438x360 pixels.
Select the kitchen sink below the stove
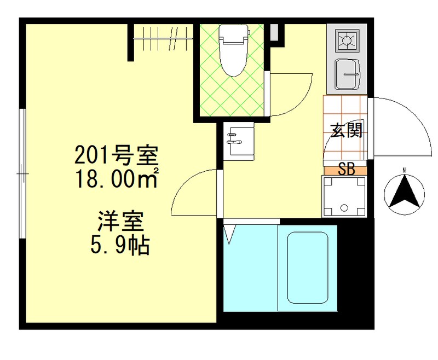pos(347,72)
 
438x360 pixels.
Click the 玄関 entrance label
pos(346,131)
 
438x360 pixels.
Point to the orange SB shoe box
pos(345,169)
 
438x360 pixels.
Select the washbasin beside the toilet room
pos(239,140)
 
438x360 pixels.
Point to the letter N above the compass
pos(404,170)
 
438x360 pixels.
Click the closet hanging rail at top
pos(163,38)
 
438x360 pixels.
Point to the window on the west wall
pos(22,173)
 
